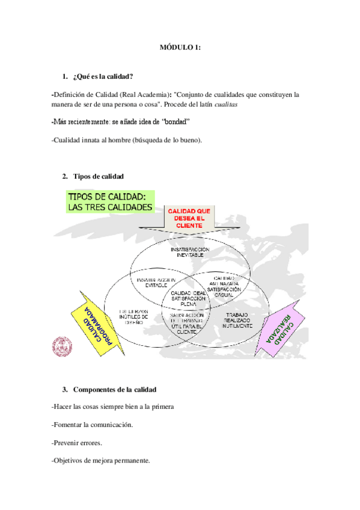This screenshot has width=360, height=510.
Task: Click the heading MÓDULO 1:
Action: pyautogui.click(x=180, y=48)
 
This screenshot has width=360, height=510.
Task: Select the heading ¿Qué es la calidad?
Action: pyautogui.click(x=103, y=76)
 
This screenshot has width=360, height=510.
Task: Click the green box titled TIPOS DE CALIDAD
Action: pyautogui.click(x=110, y=201)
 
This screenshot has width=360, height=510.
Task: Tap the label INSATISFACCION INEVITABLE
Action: pyautogui.click(x=189, y=252)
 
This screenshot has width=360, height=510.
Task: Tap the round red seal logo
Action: pyautogui.click(x=62, y=345)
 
